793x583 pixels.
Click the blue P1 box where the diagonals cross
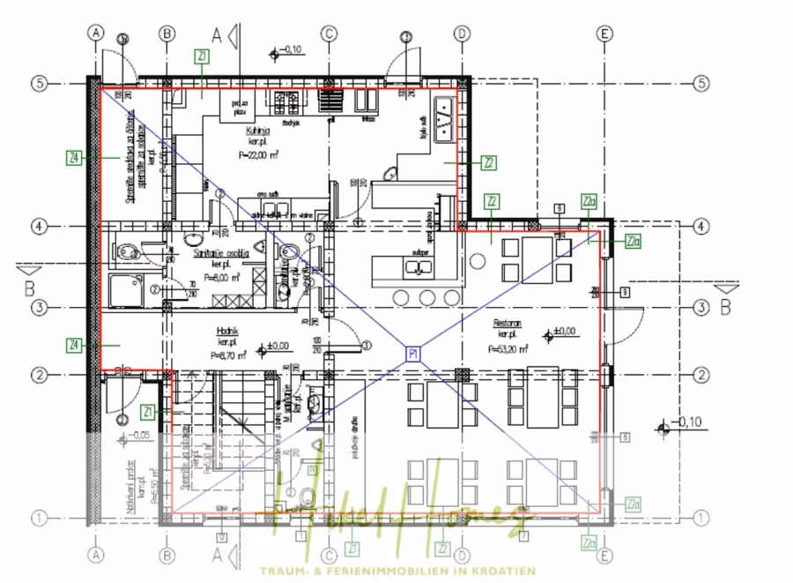412,354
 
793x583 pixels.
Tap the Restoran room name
507,324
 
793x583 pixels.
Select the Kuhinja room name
257,131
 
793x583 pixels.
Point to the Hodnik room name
228,332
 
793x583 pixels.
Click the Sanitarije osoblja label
220,252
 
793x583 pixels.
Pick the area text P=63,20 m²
507,349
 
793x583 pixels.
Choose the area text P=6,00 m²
222,275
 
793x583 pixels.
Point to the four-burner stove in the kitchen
287,103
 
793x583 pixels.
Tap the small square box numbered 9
624,292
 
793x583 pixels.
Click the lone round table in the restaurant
478,262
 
